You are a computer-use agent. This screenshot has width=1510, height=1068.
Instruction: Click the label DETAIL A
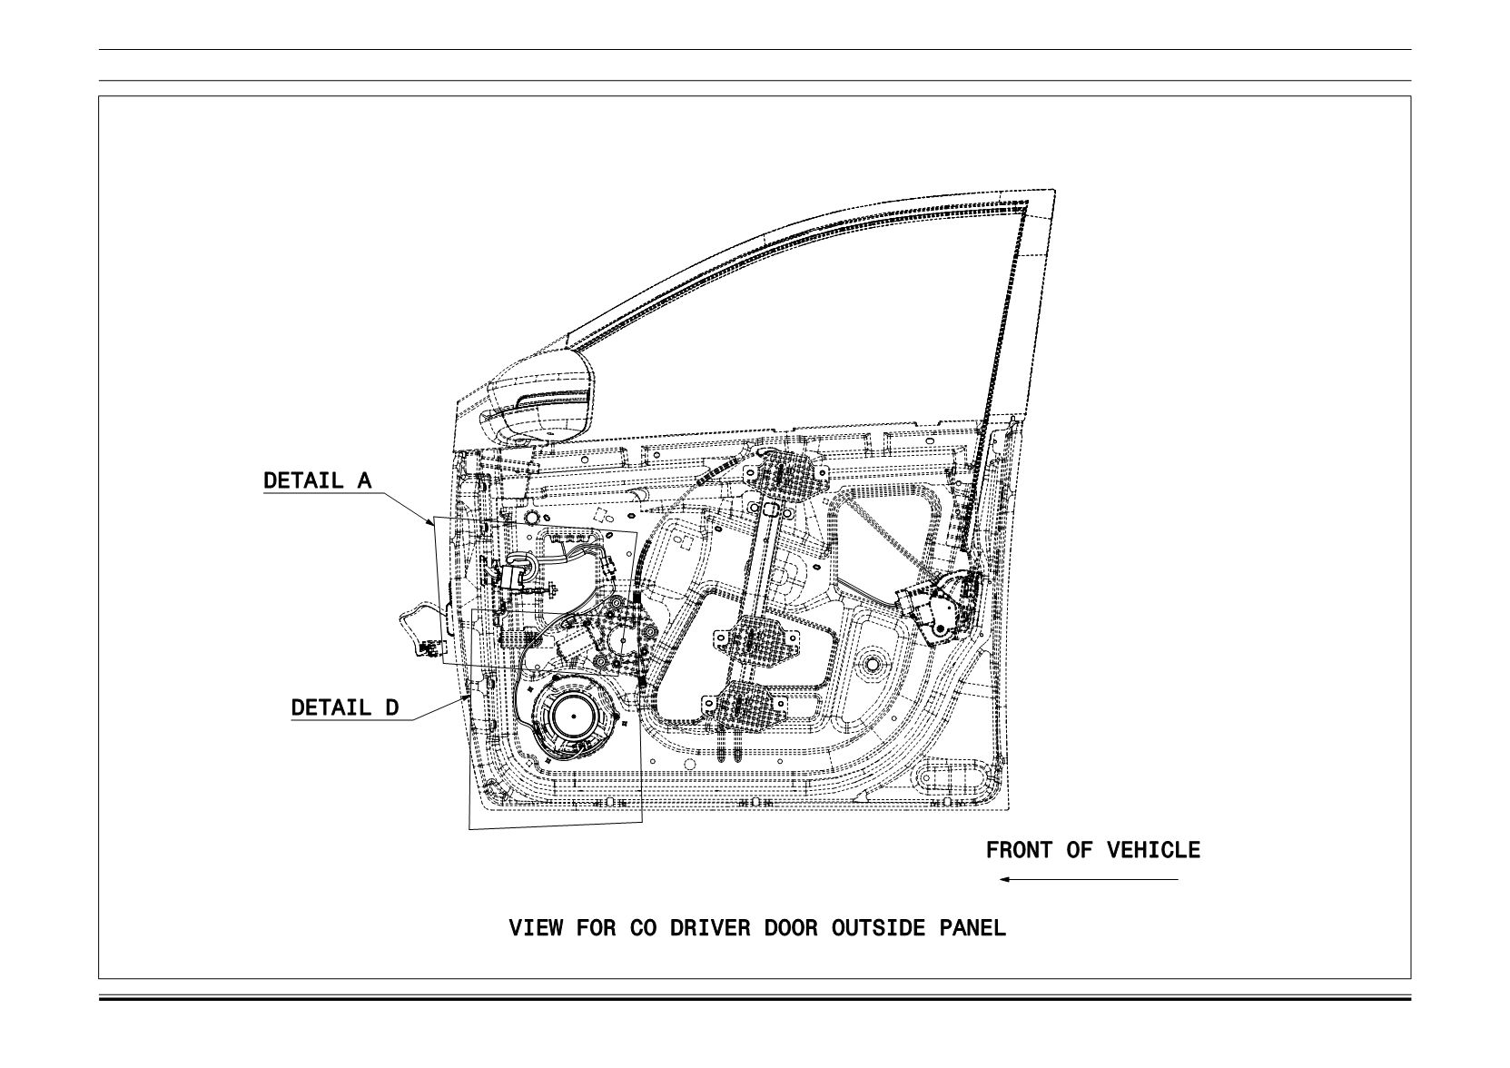tap(318, 480)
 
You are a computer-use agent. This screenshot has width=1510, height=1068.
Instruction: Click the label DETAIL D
tap(345, 707)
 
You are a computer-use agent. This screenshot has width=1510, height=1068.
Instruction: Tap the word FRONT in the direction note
tap(1019, 850)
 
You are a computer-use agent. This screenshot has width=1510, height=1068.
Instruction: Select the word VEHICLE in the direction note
tap(1153, 850)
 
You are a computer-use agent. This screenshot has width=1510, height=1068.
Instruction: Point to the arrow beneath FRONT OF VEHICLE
tap(1089, 879)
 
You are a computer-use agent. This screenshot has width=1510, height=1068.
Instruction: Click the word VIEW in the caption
tap(535, 928)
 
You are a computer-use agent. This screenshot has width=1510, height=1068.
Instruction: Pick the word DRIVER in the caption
tap(710, 928)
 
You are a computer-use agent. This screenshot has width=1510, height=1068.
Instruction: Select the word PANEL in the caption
tap(972, 928)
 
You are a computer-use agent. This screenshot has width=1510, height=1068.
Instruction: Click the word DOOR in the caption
tap(791, 928)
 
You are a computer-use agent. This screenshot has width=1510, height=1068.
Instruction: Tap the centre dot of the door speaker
tap(574, 717)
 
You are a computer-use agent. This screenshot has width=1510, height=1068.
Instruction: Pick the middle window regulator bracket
tap(755, 638)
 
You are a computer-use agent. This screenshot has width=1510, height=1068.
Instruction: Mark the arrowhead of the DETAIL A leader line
tap(431, 522)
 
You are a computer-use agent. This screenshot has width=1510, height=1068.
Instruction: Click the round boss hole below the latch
tap(873, 664)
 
